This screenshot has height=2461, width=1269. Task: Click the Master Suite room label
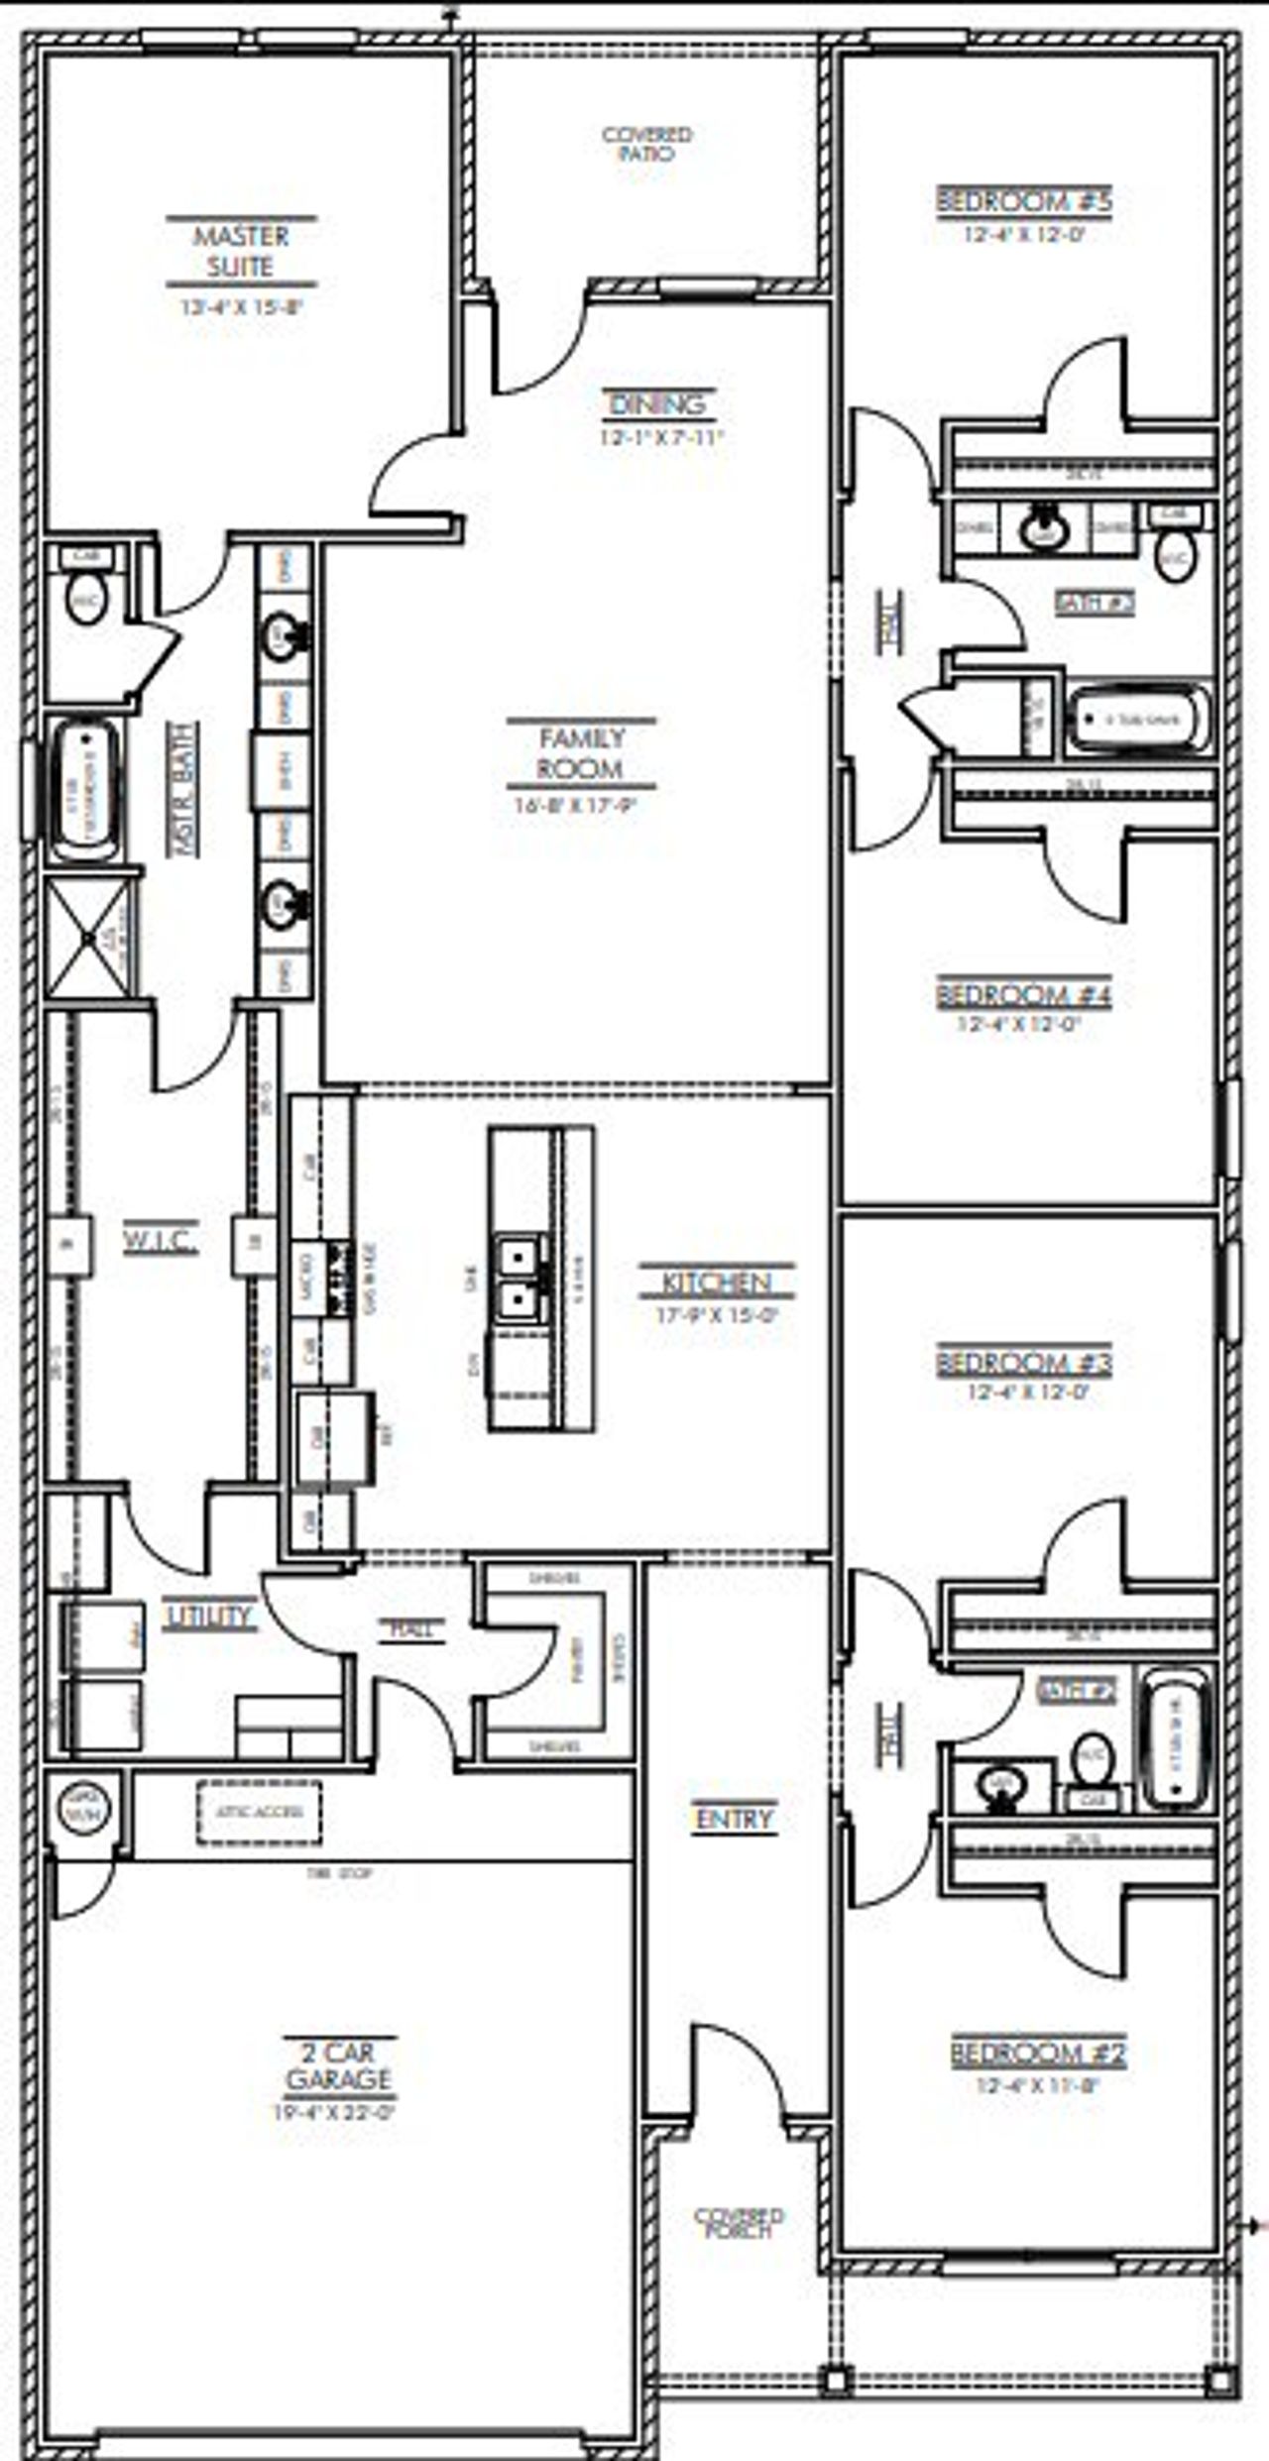(241, 251)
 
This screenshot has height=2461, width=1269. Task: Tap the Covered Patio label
(647, 144)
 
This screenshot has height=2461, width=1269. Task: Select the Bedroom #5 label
(1024, 201)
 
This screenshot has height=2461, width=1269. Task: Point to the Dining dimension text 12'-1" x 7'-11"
(662, 437)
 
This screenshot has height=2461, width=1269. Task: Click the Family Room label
(581, 753)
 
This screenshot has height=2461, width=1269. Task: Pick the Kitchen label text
(716, 1283)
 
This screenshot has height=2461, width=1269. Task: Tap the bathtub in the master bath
(85, 790)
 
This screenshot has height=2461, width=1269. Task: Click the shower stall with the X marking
(88, 937)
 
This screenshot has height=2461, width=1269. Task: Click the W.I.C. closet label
(161, 1240)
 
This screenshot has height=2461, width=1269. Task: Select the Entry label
(734, 1819)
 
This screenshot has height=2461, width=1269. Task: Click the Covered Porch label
(739, 2222)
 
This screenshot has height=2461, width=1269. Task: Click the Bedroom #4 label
(1023, 994)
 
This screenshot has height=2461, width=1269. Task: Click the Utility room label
(210, 1617)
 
